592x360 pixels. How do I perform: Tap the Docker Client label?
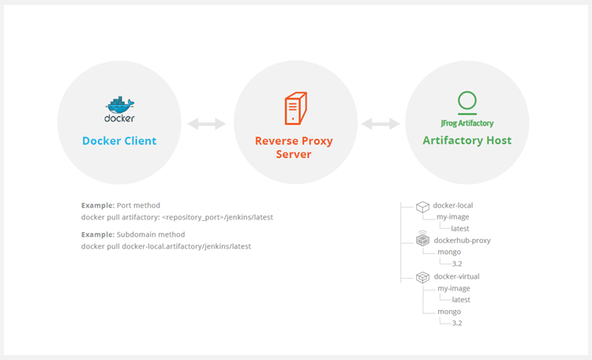[119, 141]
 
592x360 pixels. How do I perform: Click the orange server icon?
[295, 108]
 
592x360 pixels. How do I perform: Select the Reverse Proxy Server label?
[294, 148]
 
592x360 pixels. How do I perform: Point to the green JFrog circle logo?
[467, 101]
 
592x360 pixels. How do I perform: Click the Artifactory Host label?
[467, 141]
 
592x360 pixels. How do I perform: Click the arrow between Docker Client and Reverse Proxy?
[207, 124]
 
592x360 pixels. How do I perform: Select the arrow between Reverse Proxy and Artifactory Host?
[381, 124]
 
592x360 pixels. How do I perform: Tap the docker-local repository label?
[454, 206]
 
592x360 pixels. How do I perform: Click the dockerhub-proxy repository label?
[462, 240]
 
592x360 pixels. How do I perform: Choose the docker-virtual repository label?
[457, 276]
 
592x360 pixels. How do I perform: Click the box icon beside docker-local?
[423, 206]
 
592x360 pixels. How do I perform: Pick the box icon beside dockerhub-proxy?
[423, 240]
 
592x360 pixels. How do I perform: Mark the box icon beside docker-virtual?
[423, 276]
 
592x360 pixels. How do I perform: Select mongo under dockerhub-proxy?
[449, 252]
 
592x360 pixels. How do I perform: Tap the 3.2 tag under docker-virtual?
[457, 323]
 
